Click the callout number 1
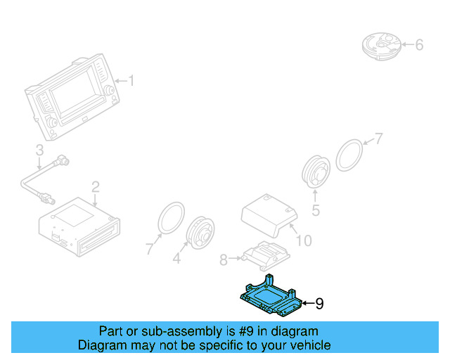coord(130,82)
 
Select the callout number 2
coord(95,186)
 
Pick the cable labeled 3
coord(35,179)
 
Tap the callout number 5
coord(316,210)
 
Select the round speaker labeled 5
coord(316,172)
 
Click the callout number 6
coord(419,46)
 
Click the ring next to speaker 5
coord(349,154)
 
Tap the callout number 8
coord(224,260)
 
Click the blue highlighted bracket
coord(271,296)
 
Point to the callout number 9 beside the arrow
coord(319,304)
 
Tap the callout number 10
coord(304,241)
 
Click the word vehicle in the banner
coord(307,345)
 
